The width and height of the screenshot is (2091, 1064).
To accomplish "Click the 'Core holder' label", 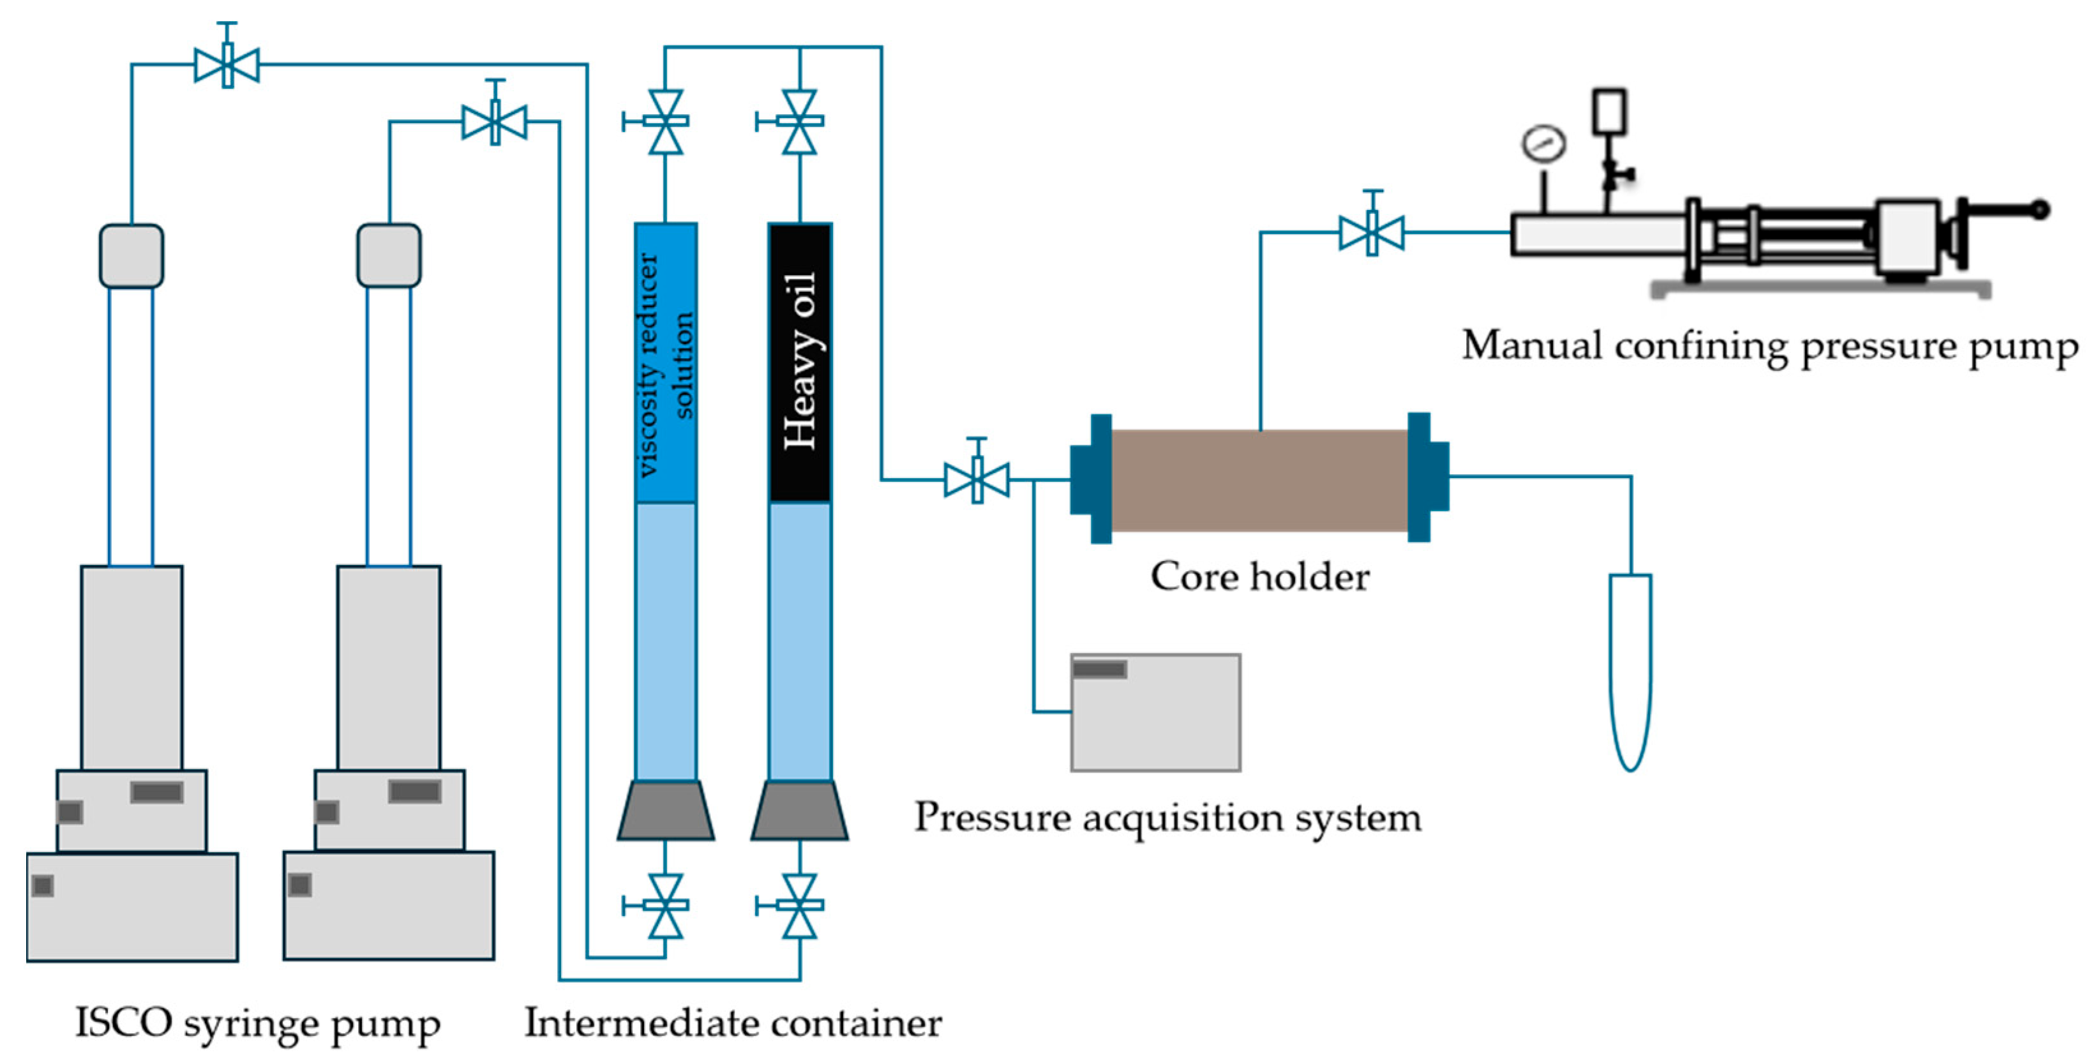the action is (x=1260, y=577).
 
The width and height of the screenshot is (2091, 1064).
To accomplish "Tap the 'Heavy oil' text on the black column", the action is (x=800, y=361).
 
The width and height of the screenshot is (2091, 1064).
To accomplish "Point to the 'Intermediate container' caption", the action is (x=733, y=1023).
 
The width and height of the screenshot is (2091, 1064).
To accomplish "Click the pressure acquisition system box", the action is (x=1155, y=712).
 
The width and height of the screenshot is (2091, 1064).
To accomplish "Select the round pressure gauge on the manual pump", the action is (x=1543, y=144).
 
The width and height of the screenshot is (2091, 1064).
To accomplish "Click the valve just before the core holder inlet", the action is (x=977, y=478).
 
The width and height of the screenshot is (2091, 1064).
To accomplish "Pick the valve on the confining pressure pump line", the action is (x=1372, y=230).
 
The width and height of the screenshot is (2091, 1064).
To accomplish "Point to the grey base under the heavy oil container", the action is (x=800, y=811).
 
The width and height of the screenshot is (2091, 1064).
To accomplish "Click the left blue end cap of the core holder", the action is (x=1091, y=479).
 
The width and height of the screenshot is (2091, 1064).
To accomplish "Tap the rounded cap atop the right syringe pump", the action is (x=389, y=256).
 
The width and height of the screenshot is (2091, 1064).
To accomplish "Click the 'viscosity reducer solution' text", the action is (x=666, y=364).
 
